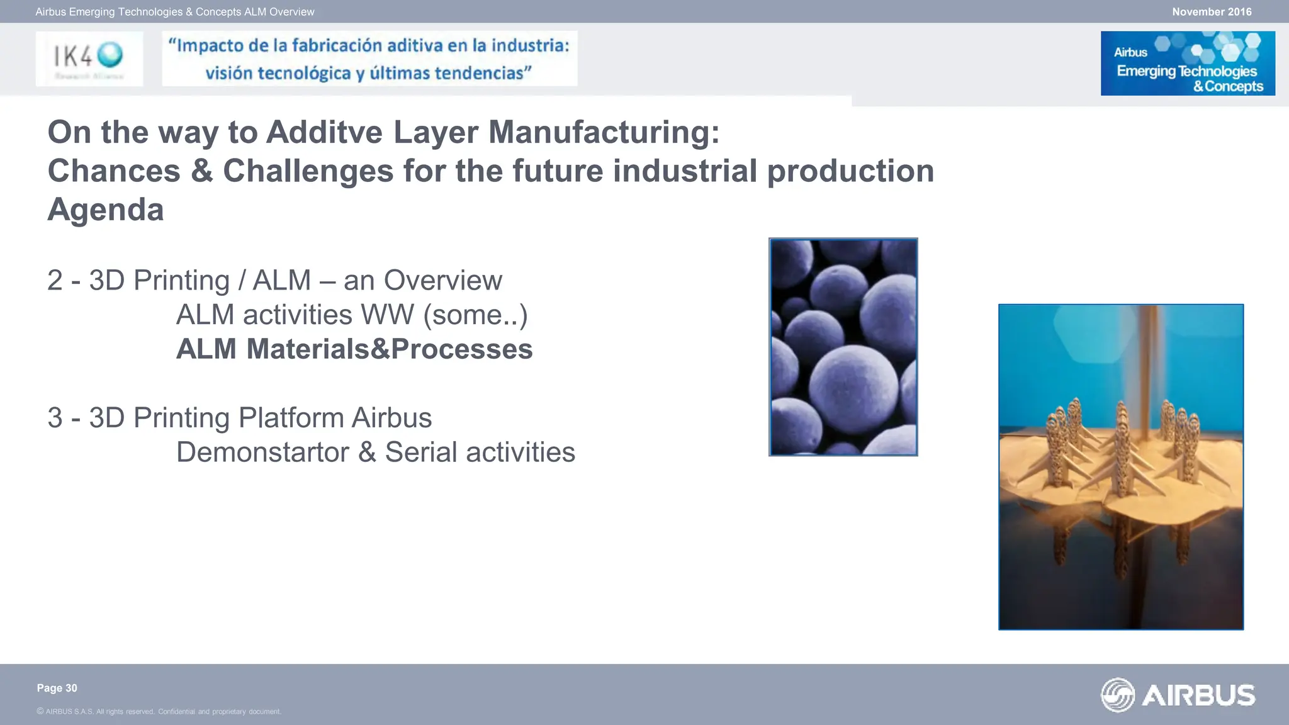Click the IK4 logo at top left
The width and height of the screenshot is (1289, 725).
[x=89, y=58]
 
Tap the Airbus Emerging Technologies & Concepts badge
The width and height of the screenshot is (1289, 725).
[x=1187, y=64]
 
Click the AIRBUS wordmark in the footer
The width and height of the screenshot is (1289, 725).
[x=1198, y=695]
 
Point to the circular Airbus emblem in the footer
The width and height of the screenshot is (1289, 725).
[x=1118, y=695]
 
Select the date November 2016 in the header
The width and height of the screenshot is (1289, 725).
[x=1211, y=12]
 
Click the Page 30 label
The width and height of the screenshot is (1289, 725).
[x=57, y=688]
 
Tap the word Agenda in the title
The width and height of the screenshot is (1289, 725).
[x=106, y=210]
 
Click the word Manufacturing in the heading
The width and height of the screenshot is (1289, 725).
[x=604, y=132]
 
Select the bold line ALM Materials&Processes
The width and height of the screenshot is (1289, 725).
[x=354, y=349]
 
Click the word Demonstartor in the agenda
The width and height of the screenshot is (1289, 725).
[x=262, y=452]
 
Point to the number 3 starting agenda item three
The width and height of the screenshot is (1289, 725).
[x=55, y=418]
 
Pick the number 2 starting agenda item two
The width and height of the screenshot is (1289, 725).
[x=55, y=281]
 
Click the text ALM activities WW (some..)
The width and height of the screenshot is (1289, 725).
[x=351, y=315]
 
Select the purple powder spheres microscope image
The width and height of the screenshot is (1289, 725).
[x=843, y=347]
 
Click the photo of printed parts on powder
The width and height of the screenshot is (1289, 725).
[x=1120, y=466]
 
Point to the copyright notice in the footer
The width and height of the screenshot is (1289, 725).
[x=159, y=712]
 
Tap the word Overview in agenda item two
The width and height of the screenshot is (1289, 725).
[x=442, y=281]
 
